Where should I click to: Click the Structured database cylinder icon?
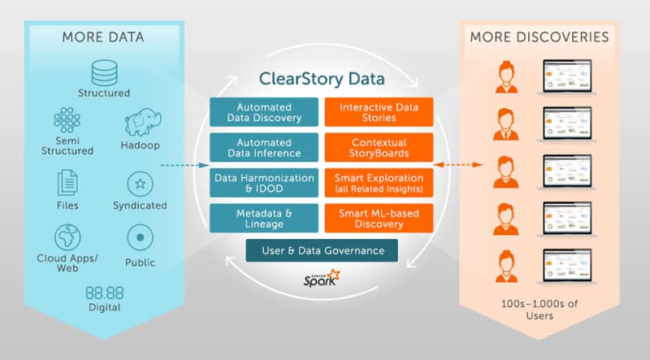tap(104, 72)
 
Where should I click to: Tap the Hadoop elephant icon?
tap(143, 123)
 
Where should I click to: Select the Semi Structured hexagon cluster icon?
tap(67, 121)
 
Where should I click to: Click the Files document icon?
tap(67, 183)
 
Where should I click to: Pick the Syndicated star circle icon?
tap(141, 184)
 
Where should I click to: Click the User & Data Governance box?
tap(322, 249)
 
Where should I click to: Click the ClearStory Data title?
tap(321, 80)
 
